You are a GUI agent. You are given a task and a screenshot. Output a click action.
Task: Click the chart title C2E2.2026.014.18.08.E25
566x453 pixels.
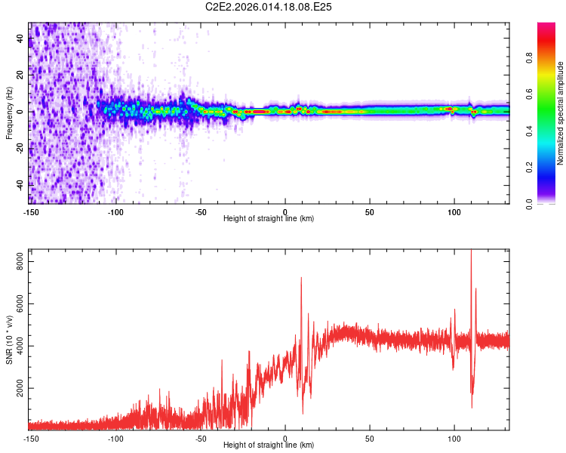[269, 7]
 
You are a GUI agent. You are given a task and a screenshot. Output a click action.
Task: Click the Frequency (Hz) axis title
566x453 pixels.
[9, 113]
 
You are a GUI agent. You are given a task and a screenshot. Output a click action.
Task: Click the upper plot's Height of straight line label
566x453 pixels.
[269, 218]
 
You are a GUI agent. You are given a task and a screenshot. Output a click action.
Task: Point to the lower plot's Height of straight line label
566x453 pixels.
[269, 445]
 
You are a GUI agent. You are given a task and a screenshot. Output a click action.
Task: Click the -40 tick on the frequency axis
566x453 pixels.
[20, 184]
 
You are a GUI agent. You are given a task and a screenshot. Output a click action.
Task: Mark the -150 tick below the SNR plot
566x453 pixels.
[31, 438]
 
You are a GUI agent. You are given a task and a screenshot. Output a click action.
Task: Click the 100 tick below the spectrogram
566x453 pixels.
[454, 211]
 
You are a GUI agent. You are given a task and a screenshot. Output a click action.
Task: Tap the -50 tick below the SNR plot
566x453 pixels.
[201, 438]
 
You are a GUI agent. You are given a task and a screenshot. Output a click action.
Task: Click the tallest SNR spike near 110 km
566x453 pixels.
[472, 251]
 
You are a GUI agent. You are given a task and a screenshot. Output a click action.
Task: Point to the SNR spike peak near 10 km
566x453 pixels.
[301, 278]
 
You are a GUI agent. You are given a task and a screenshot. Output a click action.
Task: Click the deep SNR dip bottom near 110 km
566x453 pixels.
[472, 408]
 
